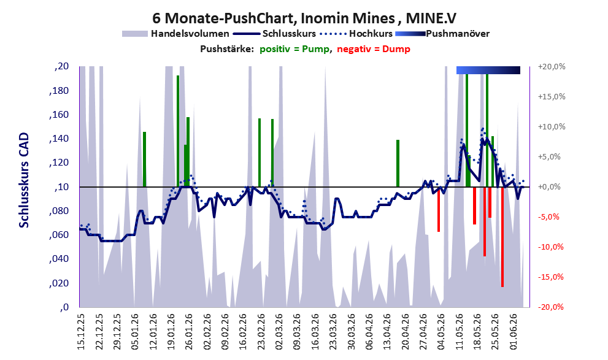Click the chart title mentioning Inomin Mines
(x=304, y=18)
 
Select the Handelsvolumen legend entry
(x=175, y=34)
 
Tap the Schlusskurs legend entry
(x=275, y=34)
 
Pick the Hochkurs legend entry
(x=356, y=34)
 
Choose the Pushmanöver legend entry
(x=442, y=34)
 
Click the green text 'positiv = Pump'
(x=294, y=49)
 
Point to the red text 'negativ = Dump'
(x=374, y=49)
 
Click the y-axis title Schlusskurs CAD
(x=24, y=180)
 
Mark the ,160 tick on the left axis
(x=59, y=115)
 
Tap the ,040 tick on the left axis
(x=59, y=259)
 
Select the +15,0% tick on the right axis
(x=552, y=96)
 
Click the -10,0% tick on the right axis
(x=550, y=247)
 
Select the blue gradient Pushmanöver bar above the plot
(x=488, y=70)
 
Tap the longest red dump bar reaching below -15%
(x=502, y=237)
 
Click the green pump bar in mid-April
(x=398, y=163)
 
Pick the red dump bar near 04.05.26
(x=439, y=209)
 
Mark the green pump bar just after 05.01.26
(x=144, y=159)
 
